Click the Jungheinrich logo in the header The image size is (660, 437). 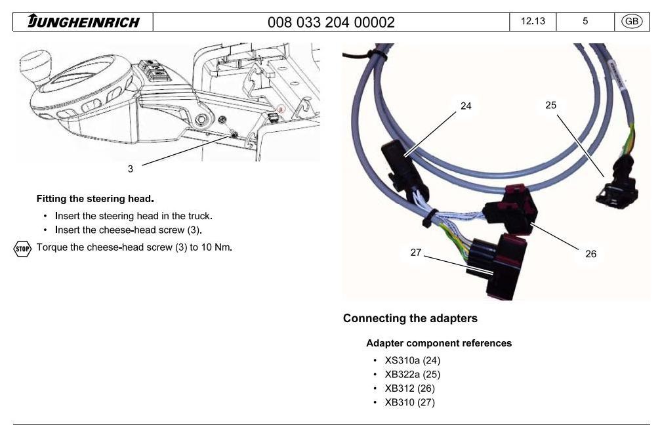pos(83,22)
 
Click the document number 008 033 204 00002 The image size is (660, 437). pos(331,22)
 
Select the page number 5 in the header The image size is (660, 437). pos(585,22)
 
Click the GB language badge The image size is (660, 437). pos(632,22)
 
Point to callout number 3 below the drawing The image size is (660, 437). pos(131,169)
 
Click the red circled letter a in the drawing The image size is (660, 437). pos(281,108)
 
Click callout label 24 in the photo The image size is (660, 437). pos(466,106)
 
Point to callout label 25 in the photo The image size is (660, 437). pos(551,105)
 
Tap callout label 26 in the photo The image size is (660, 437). pos(590,253)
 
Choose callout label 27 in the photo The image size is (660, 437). pos(416,252)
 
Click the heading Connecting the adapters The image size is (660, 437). pos(410,318)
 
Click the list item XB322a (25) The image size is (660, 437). pos(412,374)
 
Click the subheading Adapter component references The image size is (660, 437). pos(439,343)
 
